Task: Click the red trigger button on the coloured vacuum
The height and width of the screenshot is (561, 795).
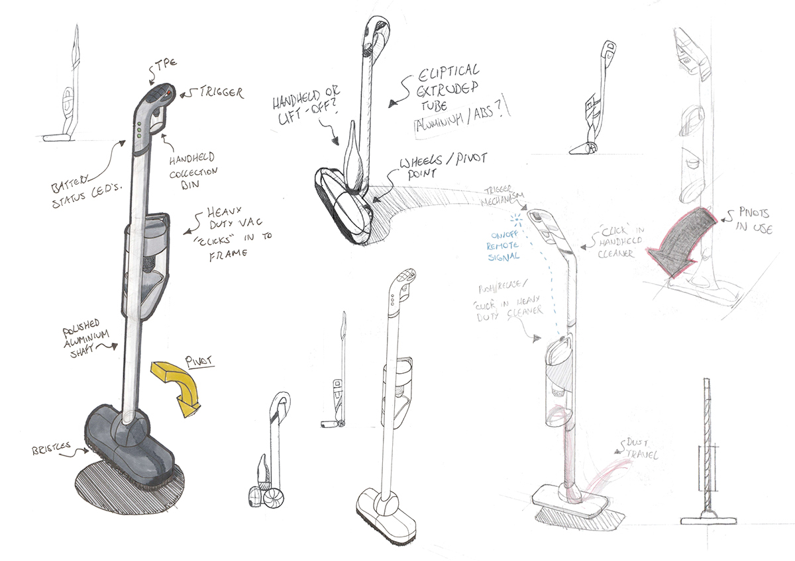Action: [168, 94]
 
